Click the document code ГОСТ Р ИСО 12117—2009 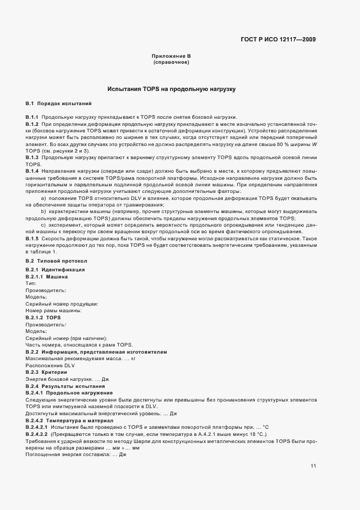(278, 39)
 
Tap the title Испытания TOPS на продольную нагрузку (171, 88)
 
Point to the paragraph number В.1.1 (32, 118)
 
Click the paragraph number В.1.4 (32, 171)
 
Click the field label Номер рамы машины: (53, 310)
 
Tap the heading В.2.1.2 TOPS (43, 317)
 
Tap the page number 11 (313, 466)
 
